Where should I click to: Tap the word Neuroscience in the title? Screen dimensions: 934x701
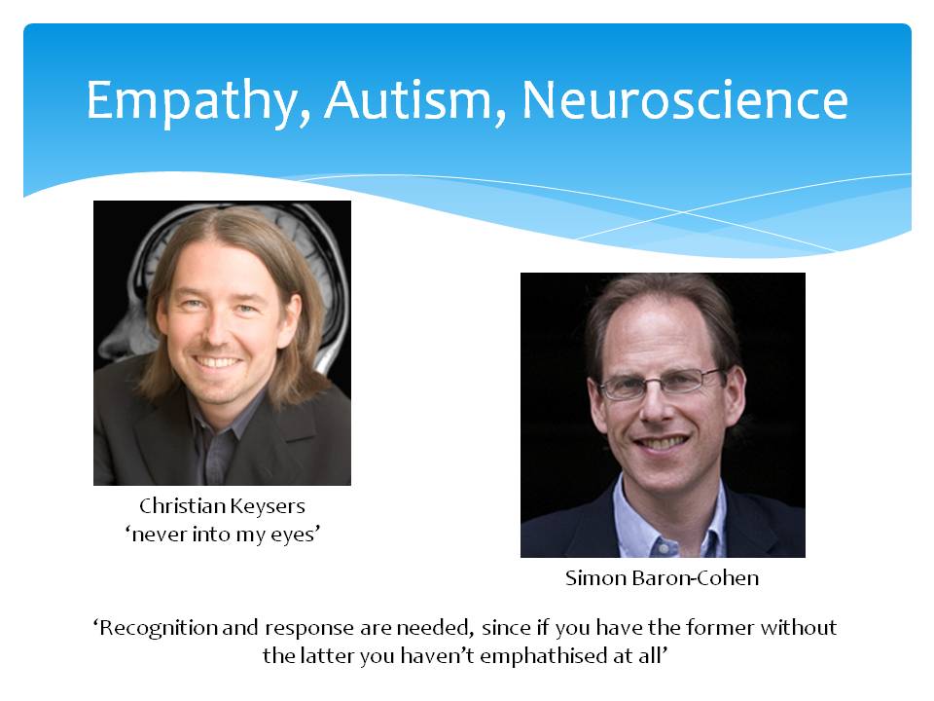point(685,99)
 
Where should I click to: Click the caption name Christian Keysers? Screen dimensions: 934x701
point(222,506)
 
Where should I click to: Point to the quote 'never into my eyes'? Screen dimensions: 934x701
point(222,535)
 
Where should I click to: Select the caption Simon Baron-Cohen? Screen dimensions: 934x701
point(662,577)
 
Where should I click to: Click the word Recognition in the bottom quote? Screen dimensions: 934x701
point(155,628)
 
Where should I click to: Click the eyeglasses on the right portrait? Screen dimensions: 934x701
point(661,384)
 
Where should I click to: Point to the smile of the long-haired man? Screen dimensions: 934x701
point(218,361)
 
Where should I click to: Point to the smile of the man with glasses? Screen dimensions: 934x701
point(663,442)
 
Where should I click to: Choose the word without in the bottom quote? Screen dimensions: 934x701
point(798,628)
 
